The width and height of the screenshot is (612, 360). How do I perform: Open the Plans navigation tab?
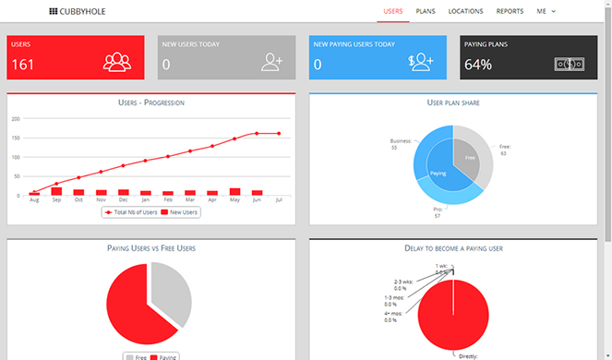(x=426, y=11)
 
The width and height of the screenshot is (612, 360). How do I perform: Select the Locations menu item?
(x=465, y=11)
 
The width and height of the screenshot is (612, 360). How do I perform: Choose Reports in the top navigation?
(x=510, y=11)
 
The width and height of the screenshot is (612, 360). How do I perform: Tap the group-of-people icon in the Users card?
(x=117, y=62)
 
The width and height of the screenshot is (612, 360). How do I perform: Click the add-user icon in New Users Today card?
(x=271, y=62)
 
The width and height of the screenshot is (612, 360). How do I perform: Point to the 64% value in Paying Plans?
(x=478, y=65)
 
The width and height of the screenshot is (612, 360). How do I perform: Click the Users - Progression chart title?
(x=151, y=102)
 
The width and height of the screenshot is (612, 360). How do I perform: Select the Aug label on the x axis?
(x=34, y=200)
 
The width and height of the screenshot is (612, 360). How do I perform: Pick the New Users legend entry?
(x=180, y=212)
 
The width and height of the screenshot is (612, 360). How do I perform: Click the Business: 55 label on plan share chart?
(x=401, y=145)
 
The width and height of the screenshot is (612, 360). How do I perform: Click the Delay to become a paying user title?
(x=453, y=247)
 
